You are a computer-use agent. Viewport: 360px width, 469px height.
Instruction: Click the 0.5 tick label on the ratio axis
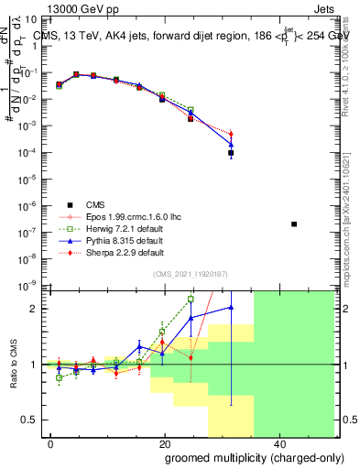point(32,420)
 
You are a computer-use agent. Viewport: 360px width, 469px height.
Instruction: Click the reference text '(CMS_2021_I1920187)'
point(189,274)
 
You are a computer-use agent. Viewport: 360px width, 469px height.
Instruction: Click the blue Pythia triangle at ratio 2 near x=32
point(231,308)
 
